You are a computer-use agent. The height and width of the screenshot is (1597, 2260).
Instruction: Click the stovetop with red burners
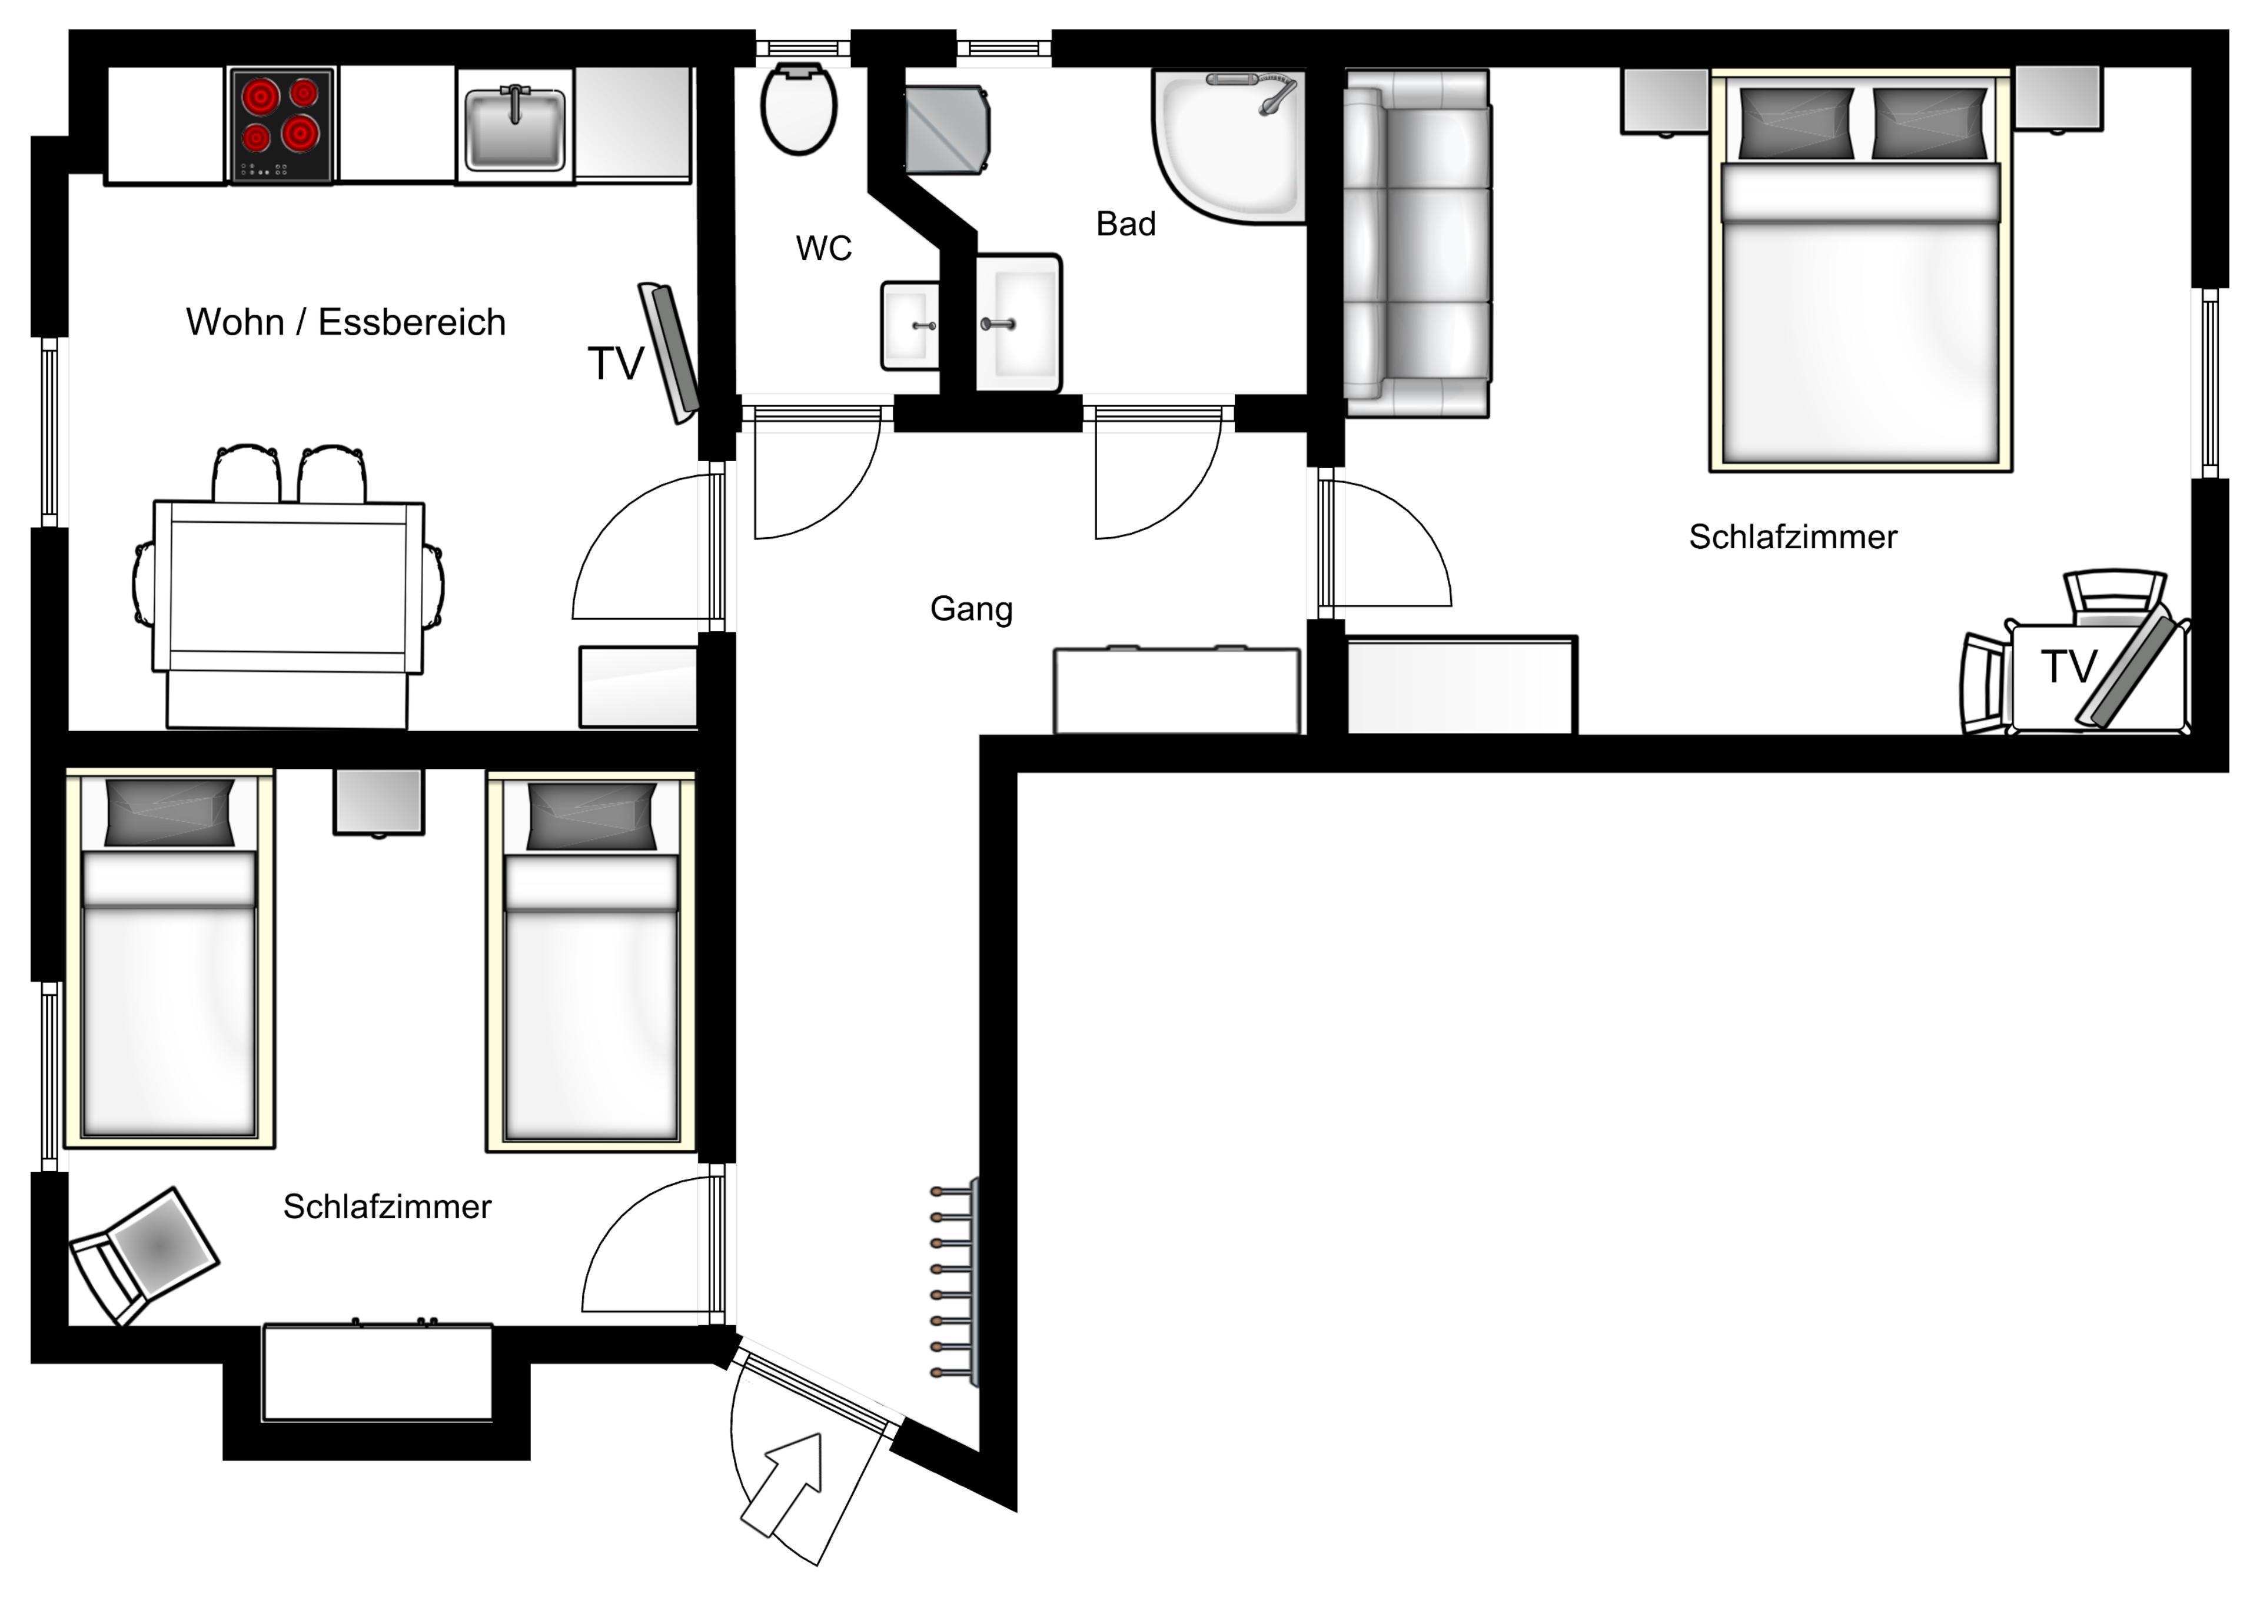point(281,125)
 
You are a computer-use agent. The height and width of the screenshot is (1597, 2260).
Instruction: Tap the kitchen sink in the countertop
point(515,128)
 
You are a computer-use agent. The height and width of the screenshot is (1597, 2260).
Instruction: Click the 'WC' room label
point(824,249)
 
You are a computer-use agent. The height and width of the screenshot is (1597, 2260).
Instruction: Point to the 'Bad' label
point(1126,224)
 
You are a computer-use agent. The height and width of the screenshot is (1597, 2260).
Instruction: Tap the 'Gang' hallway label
point(972,609)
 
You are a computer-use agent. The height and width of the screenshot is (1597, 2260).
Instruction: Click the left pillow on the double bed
point(1796,123)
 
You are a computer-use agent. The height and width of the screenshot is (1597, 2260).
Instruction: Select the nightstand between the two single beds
point(379,802)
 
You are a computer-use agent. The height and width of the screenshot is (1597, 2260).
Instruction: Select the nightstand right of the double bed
point(2057,98)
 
